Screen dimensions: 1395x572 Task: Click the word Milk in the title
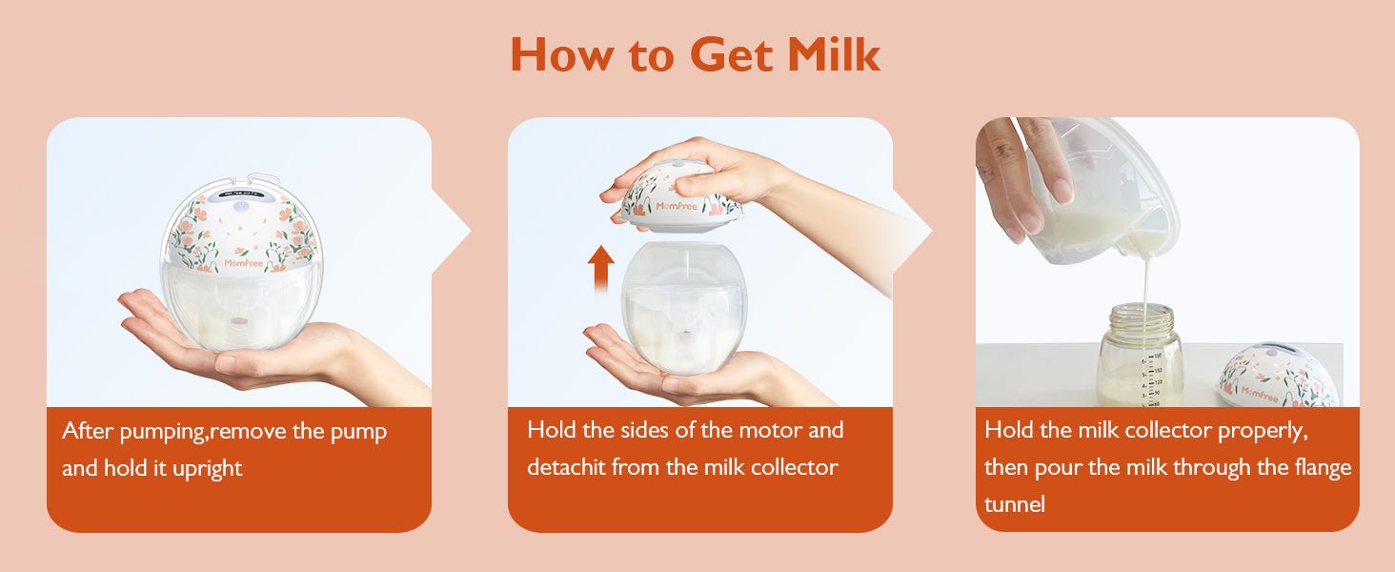pyautogui.click(x=833, y=54)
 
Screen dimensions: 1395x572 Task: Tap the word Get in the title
pyautogui.click(x=732, y=54)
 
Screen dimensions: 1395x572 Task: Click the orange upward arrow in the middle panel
pyautogui.click(x=600, y=269)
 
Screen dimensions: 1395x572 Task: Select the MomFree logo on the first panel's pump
pyautogui.click(x=244, y=263)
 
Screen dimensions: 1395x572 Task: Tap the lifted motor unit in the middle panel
pyautogui.click(x=680, y=195)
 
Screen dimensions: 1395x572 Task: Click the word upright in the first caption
pyautogui.click(x=207, y=469)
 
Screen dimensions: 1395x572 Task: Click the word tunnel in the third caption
pyautogui.click(x=1015, y=504)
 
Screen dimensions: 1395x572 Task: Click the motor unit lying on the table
pyautogui.click(x=1276, y=375)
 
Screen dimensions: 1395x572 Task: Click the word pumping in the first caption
pyautogui.click(x=162, y=432)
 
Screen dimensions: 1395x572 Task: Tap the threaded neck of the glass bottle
pyautogui.click(x=1142, y=318)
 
